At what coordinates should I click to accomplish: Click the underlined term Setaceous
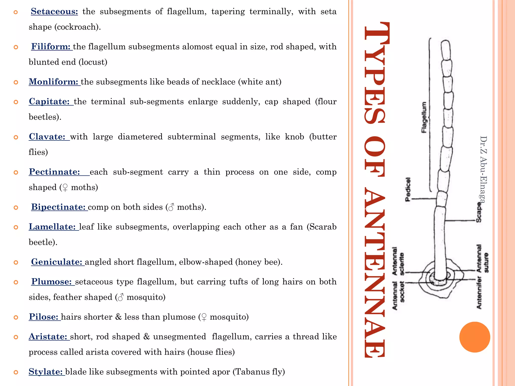(54, 12)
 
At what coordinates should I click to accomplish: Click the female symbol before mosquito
(204, 317)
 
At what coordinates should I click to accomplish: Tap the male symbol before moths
(171, 207)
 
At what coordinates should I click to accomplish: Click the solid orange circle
(475, 337)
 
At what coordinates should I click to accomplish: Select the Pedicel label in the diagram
(408, 189)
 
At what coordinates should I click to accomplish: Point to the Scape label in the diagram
(479, 213)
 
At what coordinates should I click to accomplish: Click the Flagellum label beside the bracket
(424, 117)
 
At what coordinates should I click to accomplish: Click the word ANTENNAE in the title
(375, 274)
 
